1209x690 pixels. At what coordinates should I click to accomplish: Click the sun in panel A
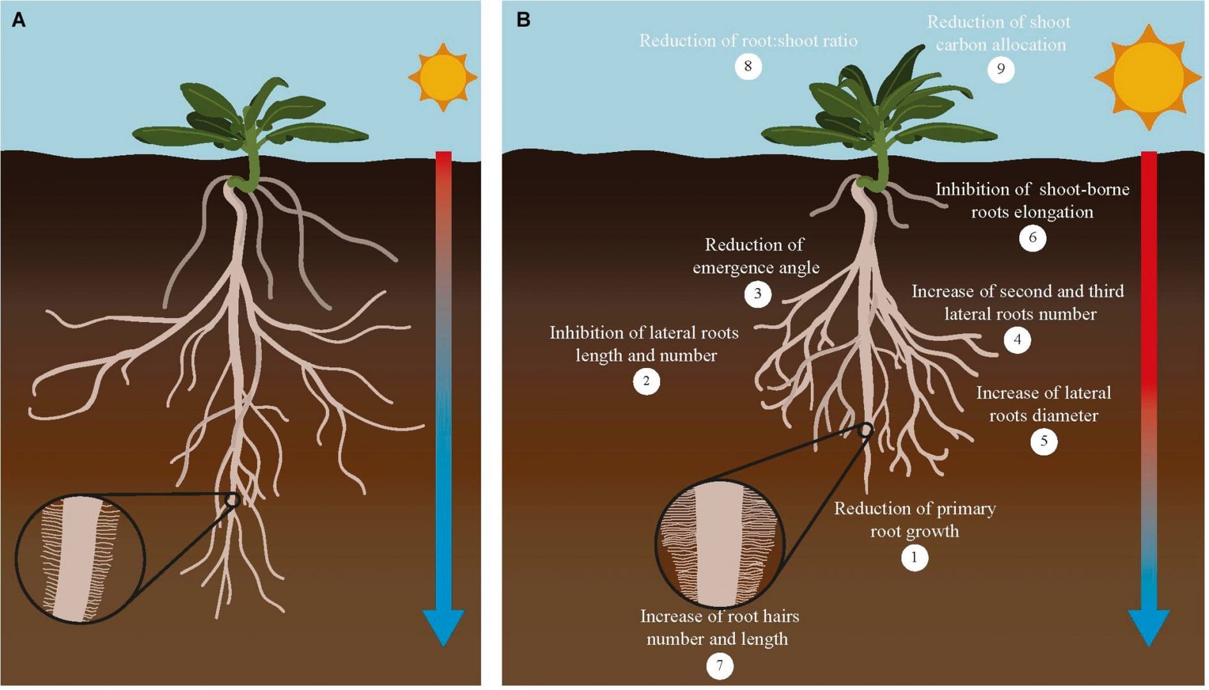tap(443, 77)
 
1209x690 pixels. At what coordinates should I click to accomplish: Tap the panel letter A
tap(19, 20)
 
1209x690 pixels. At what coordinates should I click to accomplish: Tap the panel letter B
tap(523, 20)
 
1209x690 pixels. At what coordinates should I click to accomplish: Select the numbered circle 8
tap(748, 66)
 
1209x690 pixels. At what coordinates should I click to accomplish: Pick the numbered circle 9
tap(1001, 69)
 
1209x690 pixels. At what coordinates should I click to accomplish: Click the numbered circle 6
tap(1032, 238)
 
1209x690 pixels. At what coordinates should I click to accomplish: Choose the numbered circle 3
tap(757, 294)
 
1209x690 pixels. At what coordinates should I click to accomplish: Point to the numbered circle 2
tap(646, 381)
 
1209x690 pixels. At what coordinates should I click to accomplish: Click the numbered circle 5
tap(1043, 441)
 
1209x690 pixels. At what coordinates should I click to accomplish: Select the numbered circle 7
tap(720, 666)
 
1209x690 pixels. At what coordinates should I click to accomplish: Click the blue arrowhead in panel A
tap(443, 626)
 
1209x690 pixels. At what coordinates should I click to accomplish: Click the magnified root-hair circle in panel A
tap(80, 559)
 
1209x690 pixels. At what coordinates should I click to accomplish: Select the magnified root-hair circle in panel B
tap(720, 544)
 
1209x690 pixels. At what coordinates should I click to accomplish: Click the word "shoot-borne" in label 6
tap(1084, 190)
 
